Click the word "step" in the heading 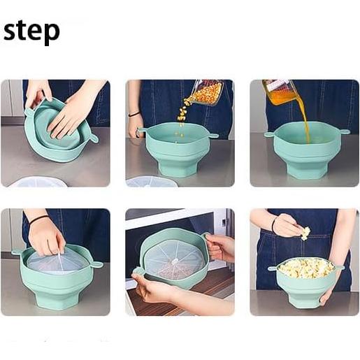coord(31,32)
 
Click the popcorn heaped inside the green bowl coord(305,267)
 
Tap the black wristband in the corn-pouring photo coord(134,114)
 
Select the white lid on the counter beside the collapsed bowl coord(38,182)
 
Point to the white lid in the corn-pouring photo coord(151,181)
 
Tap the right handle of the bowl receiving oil coord(344,131)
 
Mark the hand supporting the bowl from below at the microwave coord(154,289)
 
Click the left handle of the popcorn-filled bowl coord(272,268)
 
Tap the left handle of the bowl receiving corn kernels coord(143,129)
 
